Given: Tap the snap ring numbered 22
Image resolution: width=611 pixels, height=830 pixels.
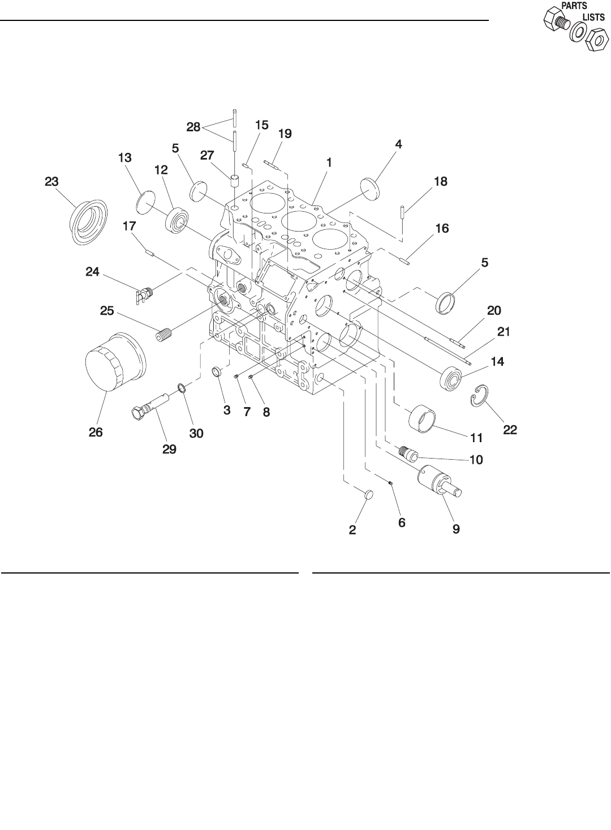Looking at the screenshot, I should tap(480, 396).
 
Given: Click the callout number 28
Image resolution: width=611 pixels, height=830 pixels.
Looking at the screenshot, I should tap(193, 127).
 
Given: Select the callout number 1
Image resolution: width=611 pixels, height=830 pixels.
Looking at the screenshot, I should tap(328, 162).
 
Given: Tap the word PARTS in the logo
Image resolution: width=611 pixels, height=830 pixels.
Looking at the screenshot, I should tap(573, 5).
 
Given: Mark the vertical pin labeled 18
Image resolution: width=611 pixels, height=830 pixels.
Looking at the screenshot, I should tap(401, 212).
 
